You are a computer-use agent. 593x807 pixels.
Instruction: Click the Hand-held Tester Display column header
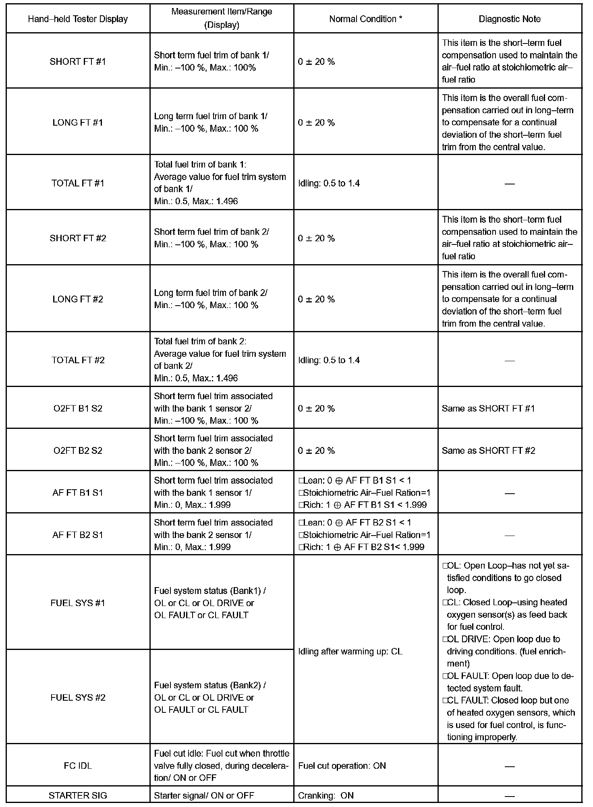pyautogui.click(x=78, y=19)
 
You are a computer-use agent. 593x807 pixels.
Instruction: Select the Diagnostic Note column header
pyautogui.click(x=510, y=19)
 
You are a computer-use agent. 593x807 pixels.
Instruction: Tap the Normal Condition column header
pyautogui.click(x=365, y=19)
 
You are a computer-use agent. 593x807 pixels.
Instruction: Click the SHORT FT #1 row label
pyautogui.click(x=78, y=62)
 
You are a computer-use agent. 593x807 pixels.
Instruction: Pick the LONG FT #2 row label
pyautogui.click(x=78, y=299)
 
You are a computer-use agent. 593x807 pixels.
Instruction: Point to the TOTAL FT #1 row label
pyautogui.click(x=78, y=183)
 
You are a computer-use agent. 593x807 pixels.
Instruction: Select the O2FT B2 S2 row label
pyautogui.click(x=78, y=451)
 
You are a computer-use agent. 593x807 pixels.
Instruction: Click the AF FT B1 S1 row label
pyautogui.click(x=78, y=492)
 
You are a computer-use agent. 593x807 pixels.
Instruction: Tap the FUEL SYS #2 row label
pyautogui.click(x=78, y=697)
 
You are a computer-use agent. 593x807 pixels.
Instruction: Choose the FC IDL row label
pyautogui.click(x=78, y=766)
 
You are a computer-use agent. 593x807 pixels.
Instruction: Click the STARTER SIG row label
pyautogui.click(x=78, y=795)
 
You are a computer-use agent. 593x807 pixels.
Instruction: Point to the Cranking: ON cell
pyautogui.click(x=326, y=795)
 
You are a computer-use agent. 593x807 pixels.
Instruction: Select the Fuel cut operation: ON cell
pyautogui.click(x=342, y=766)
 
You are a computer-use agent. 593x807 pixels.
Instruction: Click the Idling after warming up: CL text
pyautogui.click(x=350, y=652)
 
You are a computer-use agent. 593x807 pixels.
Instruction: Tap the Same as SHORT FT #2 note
pyautogui.click(x=488, y=451)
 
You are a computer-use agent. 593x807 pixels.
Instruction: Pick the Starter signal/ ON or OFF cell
pyautogui.click(x=204, y=795)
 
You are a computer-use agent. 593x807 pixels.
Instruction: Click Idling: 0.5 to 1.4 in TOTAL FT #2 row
pyautogui.click(x=329, y=360)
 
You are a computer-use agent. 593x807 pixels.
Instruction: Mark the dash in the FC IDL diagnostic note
pyautogui.click(x=510, y=766)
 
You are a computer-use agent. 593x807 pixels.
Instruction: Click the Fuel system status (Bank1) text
pyautogui.click(x=209, y=591)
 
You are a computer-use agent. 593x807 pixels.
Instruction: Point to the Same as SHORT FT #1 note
pyautogui.click(x=488, y=408)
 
